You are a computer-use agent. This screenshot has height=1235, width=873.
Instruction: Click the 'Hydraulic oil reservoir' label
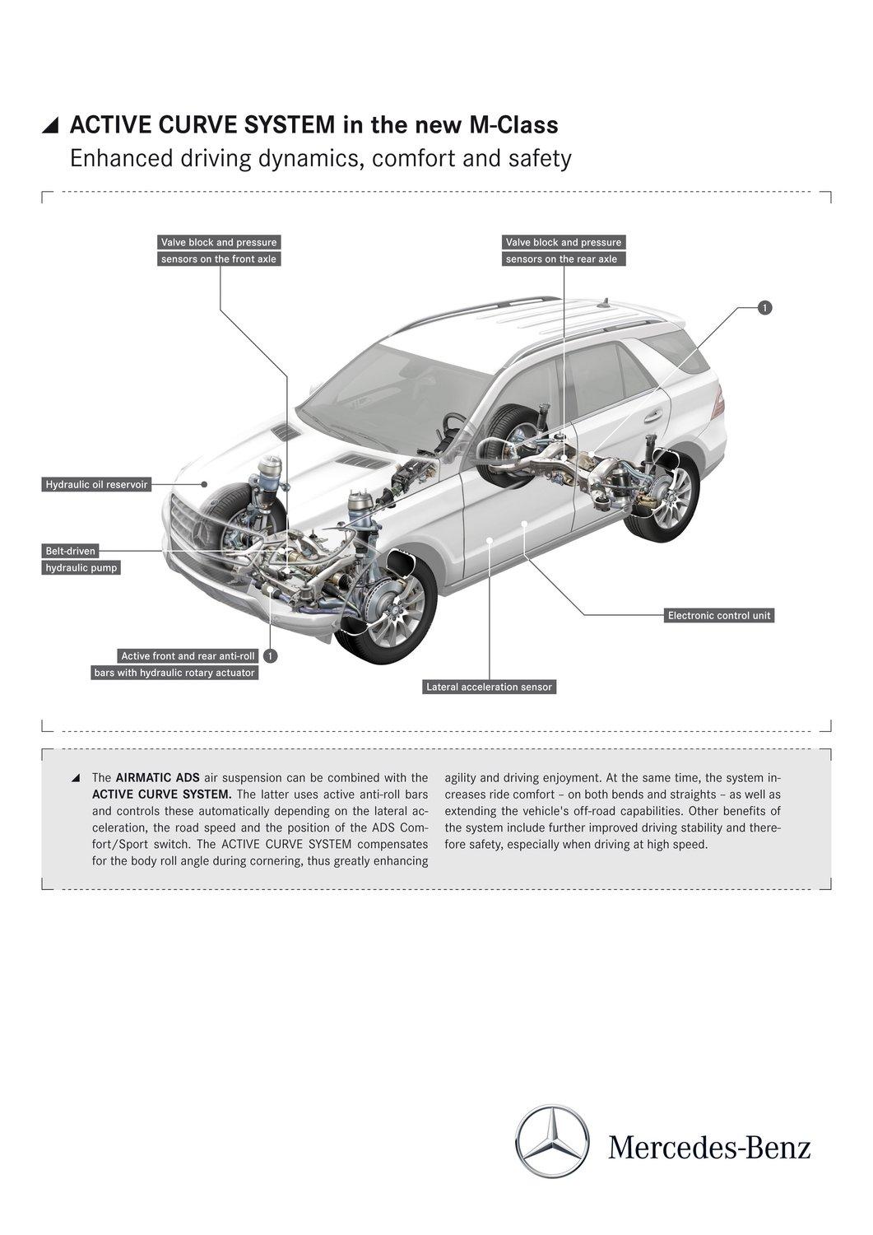click(96, 484)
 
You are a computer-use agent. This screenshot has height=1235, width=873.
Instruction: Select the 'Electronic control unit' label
click(720, 615)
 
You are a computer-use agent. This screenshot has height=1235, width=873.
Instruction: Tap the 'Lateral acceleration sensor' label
click(489, 687)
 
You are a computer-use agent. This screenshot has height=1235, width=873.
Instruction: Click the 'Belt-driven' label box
click(70, 551)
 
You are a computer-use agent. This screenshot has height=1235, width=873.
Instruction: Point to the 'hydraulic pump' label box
click(81, 567)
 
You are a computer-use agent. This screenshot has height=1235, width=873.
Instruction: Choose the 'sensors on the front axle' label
click(219, 259)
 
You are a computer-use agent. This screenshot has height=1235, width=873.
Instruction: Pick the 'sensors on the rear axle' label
click(561, 259)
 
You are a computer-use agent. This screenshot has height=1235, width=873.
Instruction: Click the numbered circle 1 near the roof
click(764, 307)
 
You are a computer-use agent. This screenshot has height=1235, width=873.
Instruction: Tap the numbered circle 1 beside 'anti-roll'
click(271, 656)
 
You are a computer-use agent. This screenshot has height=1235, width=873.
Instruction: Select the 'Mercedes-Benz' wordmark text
click(709, 1147)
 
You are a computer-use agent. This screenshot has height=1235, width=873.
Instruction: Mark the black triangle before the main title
click(50, 125)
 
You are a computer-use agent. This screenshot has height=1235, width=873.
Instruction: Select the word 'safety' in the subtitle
click(540, 158)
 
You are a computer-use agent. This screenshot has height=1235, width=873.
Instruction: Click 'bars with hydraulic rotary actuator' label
click(174, 673)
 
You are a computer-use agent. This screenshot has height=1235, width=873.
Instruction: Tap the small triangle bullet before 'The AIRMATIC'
click(76, 778)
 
